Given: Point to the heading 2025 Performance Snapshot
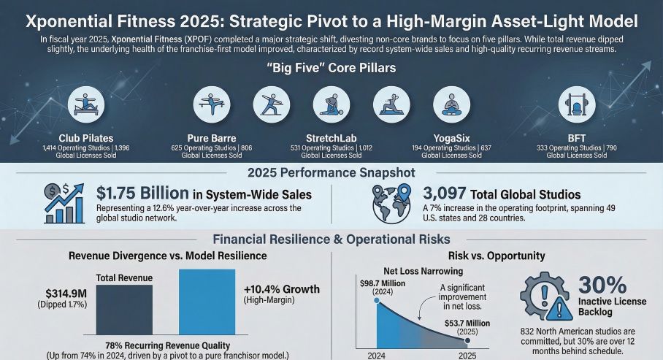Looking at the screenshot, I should point(331,172).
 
